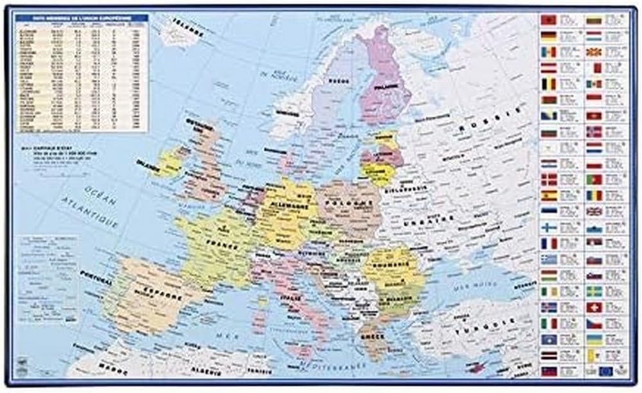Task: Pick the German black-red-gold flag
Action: (x=549, y=35)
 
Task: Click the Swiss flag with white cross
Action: (x=593, y=306)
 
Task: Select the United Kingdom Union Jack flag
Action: (x=593, y=211)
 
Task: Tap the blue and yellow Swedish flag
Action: (x=593, y=291)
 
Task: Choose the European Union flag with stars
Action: (x=605, y=371)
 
